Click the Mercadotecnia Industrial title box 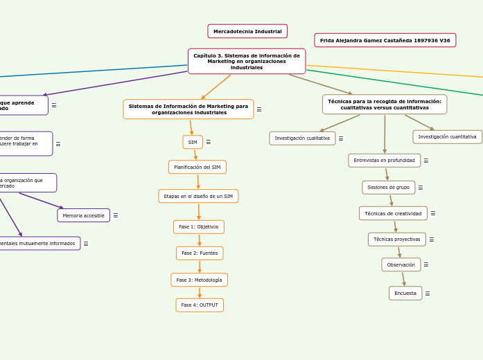[x=247, y=31]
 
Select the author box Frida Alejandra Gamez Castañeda [x=385, y=40]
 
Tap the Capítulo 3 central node [x=247, y=61]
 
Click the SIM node [x=193, y=142]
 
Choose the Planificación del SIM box [x=197, y=167]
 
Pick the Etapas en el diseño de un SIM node [x=198, y=196]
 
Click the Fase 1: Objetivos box [x=199, y=226]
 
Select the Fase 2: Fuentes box [x=200, y=253]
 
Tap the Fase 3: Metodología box [x=200, y=280]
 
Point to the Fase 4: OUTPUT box [x=200, y=305]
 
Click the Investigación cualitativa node [x=302, y=138]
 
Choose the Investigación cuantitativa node [x=447, y=136]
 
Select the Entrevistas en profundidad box [x=384, y=160]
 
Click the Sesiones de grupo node [x=388, y=187]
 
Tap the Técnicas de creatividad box [x=393, y=213]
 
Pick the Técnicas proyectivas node [x=396, y=239]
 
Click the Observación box [x=401, y=264]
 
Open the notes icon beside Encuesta [x=428, y=294]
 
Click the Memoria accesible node [x=83, y=215]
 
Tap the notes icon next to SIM [x=209, y=142]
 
